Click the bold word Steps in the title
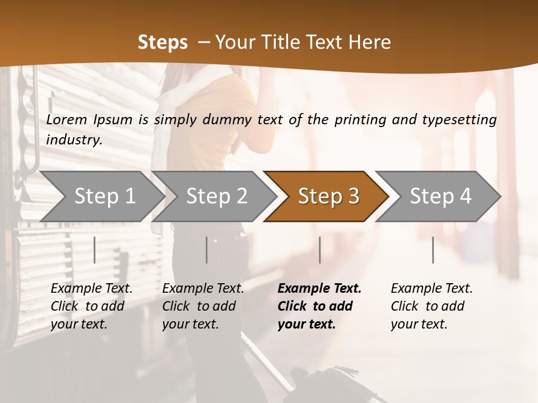pyautogui.click(x=163, y=43)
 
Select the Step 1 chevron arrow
pyautogui.click(x=104, y=196)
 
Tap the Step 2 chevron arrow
pyautogui.click(x=216, y=196)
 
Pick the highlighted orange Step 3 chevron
pyautogui.click(x=328, y=196)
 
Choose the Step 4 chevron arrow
pyautogui.click(x=440, y=196)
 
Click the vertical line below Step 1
pyautogui.click(x=95, y=250)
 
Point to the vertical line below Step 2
pyautogui.click(x=207, y=250)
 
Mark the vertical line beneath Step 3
pyautogui.click(x=319, y=250)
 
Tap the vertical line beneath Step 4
pyautogui.click(x=433, y=250)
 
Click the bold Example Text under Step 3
pyautogui.click(x=319, y=306)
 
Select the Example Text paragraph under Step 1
pyautogui.click(x=91, y=306)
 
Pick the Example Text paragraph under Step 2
pyautogui.click(x=203, y=306)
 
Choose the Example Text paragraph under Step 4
pyautogui.click(x=432, y=306)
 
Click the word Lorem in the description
pyautogui.click(x=67, y=120)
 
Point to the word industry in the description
pyautogui.click(x=74, y=140)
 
